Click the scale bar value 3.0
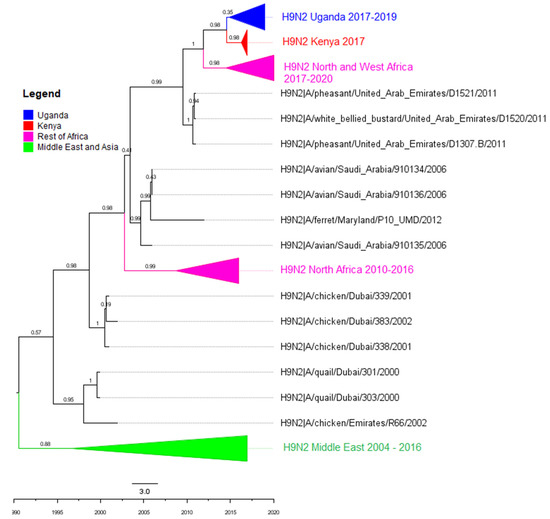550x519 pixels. tap(144, 492)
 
